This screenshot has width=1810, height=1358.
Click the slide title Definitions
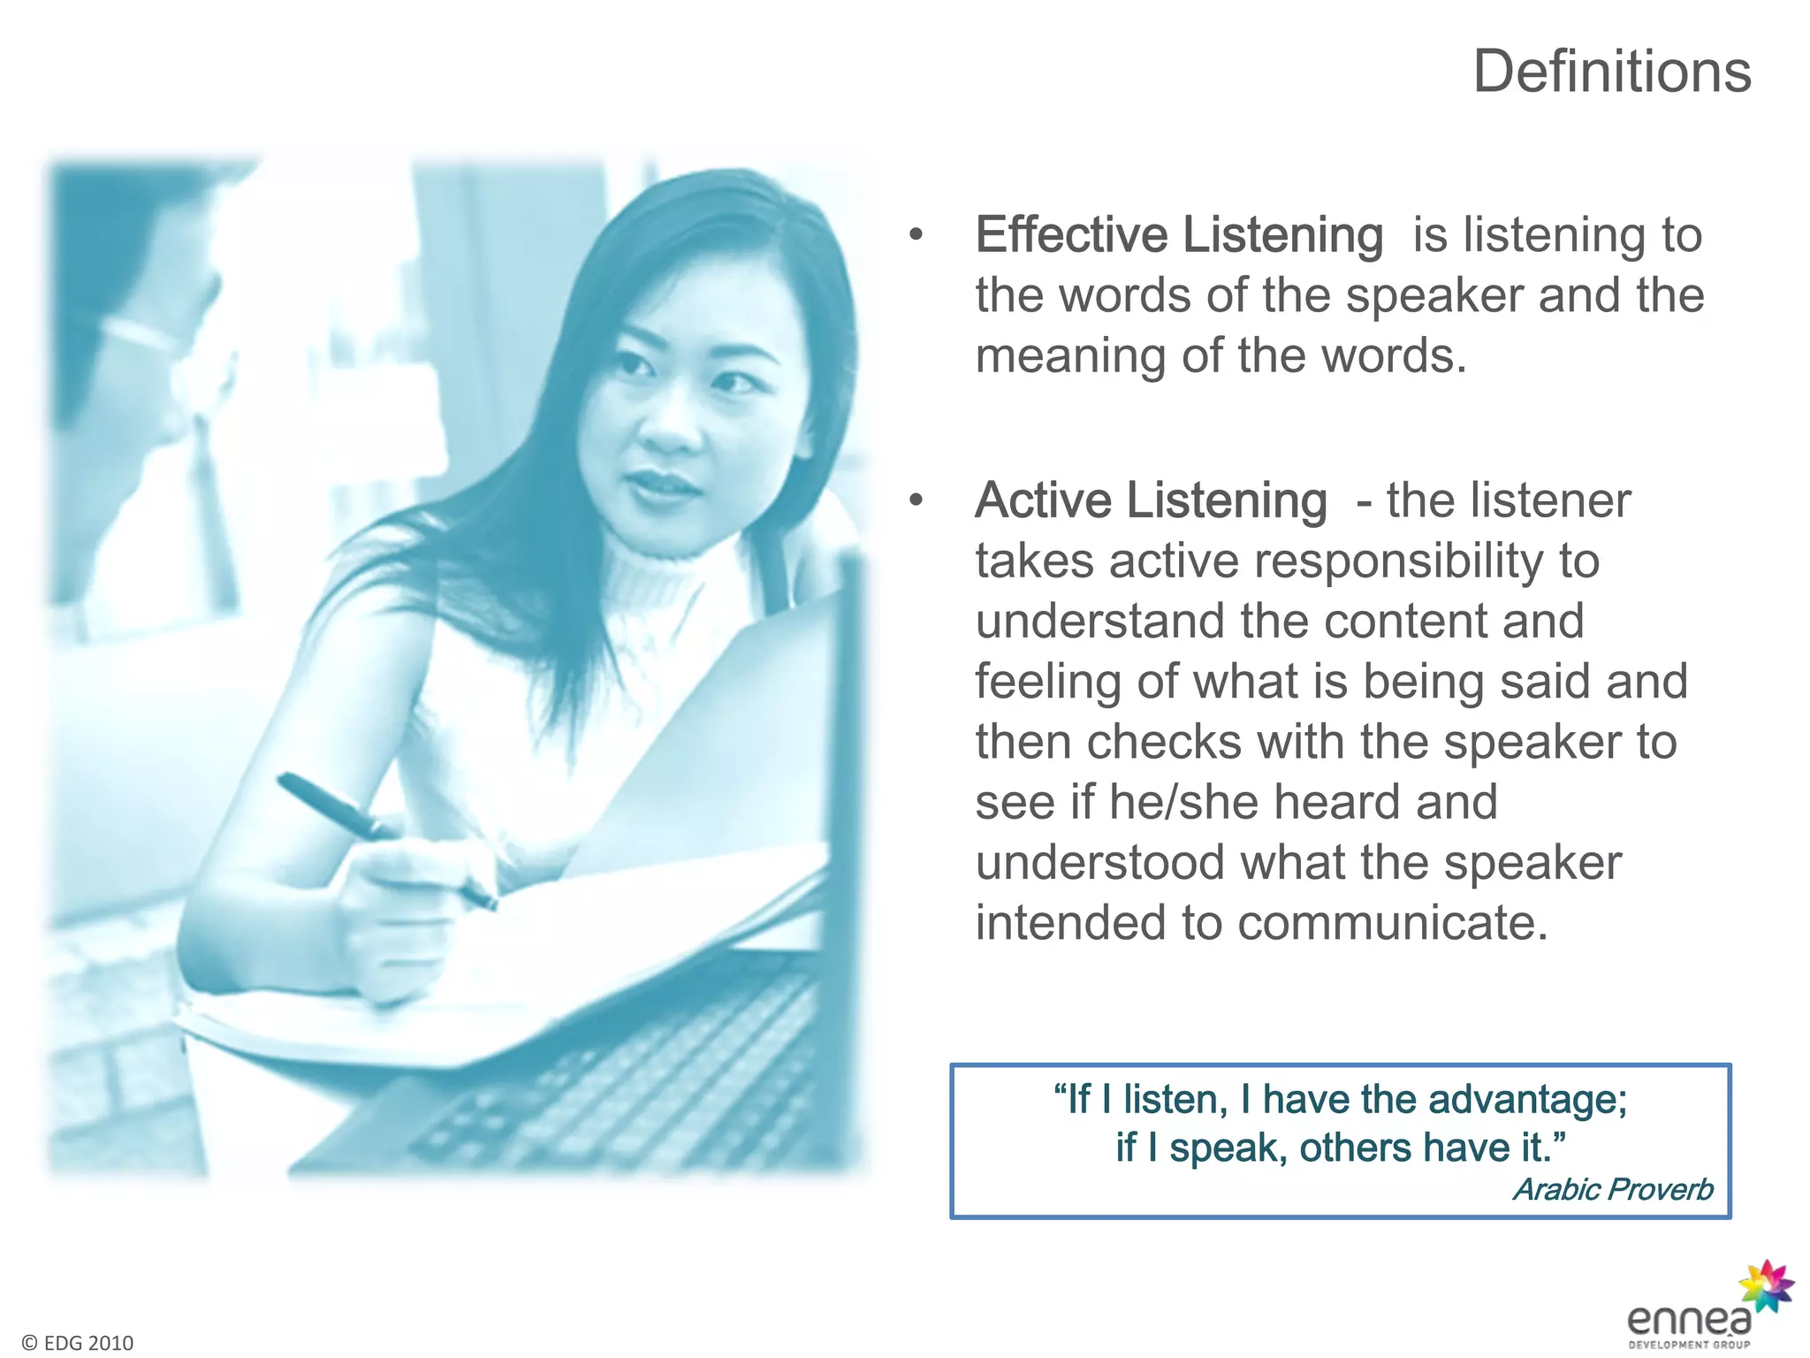click(x=1611, y=72)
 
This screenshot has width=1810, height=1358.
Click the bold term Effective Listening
click(x=1179, y=235)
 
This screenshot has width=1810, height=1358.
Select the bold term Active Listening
click(x=1151, y=500)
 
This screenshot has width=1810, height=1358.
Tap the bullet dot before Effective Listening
click(x=916, y=236)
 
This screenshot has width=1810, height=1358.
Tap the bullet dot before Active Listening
click(x=916, y=501)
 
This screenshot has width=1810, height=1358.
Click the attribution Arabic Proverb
click(x=1613, y=1189)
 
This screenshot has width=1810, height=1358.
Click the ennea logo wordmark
click(x=1688, y=1320)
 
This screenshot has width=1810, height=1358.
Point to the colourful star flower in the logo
click(x=1765, y=1286)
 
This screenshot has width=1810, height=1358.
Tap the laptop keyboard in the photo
click(x=619, y=1087)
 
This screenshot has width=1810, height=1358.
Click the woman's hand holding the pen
click(x=398, y=919)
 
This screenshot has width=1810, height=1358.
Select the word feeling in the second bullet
click(x=1048, y=683)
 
